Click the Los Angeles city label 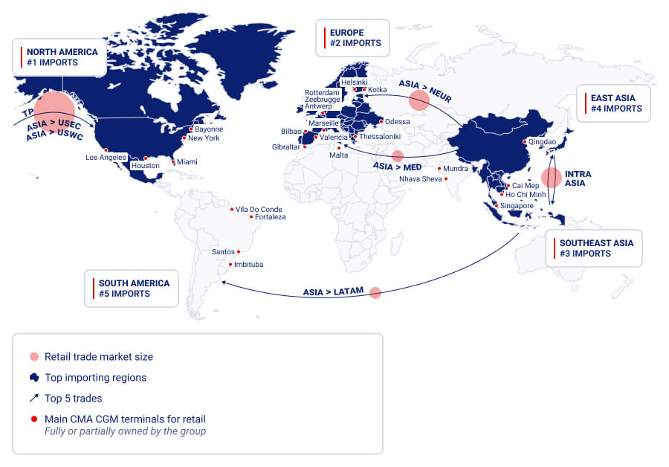click(106, 158)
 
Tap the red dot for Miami click(173, 161)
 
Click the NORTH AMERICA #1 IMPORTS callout click(59, 57)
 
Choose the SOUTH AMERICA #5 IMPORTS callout click(132, 289)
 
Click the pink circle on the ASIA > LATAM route click(375, 293)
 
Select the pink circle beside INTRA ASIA click(551, 178)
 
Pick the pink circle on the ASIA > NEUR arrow click(419, 100)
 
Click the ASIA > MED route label click(397, 167)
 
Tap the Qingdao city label click(542, 141)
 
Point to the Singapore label click(517, 206)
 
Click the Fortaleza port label click(270, 217)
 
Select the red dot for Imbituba click(231, 265)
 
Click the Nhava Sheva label click(420, 179)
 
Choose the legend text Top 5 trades click(74, 399)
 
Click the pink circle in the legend click(33, 356)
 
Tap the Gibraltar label click(285, 147)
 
